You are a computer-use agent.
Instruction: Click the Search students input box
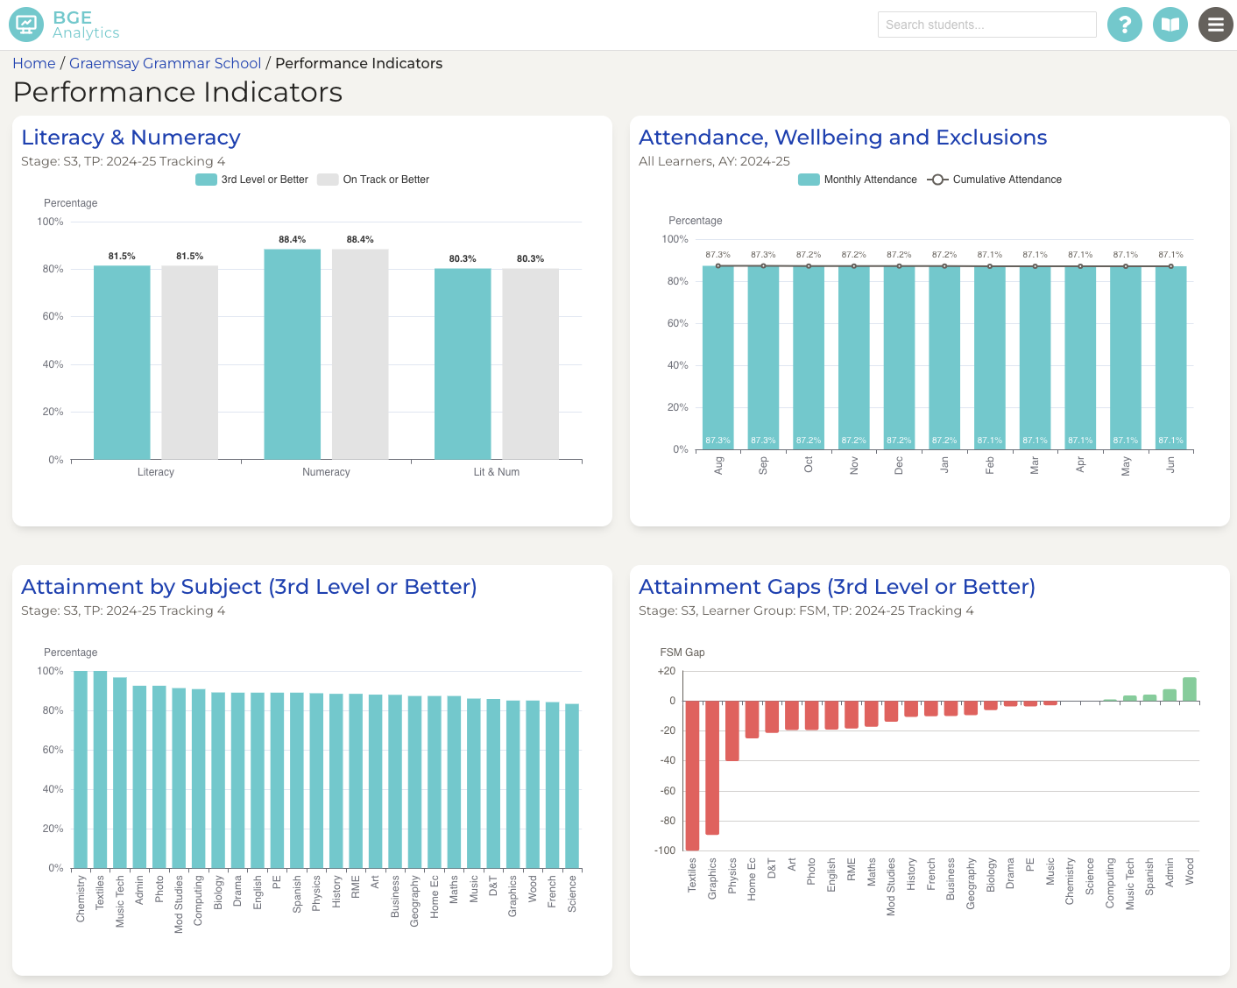pos(986,25)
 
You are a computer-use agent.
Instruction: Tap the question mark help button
pos(1124,25)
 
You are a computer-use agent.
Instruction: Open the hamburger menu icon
pos(1215,25)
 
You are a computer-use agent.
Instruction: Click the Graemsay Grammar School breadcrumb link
pos(165,63)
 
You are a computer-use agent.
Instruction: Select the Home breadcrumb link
pos(34,63)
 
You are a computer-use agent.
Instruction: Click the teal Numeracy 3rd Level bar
pos(292,354)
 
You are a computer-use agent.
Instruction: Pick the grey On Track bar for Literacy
pos(189,363)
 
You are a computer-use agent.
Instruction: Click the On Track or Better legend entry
pos(374,180)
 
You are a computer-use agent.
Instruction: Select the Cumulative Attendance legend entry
pos(995,180)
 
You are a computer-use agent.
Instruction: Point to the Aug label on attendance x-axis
pos(718,465)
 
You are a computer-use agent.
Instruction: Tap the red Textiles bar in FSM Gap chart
pos(692,775)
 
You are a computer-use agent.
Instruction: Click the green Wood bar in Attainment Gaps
pos(1189,689)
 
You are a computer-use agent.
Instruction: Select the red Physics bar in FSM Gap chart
pos(732,730)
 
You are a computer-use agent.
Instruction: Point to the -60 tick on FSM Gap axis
pos(667,791)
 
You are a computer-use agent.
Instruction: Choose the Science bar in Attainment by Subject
pos(572,786)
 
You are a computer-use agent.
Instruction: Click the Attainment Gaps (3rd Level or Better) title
pos(837,587)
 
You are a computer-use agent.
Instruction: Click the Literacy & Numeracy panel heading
pos(131,138)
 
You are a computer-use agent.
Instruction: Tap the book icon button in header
pos(1170,25)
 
